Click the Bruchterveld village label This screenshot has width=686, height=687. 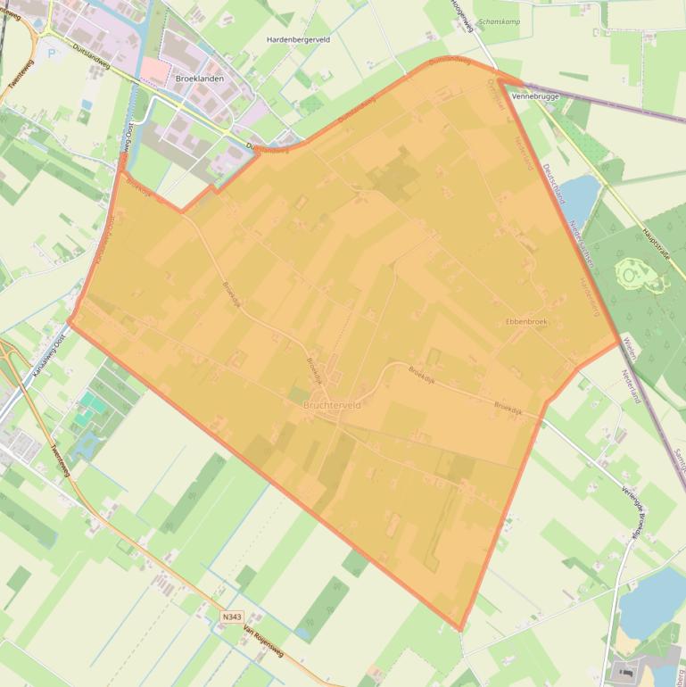coord(332,405)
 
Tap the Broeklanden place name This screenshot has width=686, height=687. coord(200,79)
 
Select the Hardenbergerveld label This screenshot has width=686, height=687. coord(298,40)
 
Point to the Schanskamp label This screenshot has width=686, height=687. coord(499,21)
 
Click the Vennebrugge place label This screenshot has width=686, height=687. coord(534,95)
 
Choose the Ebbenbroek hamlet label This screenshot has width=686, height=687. coord(526,321)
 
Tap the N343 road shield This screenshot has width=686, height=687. coord(232,617)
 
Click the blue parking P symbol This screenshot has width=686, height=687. coord(51,54)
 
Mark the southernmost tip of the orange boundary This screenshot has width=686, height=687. coord(460,630)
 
